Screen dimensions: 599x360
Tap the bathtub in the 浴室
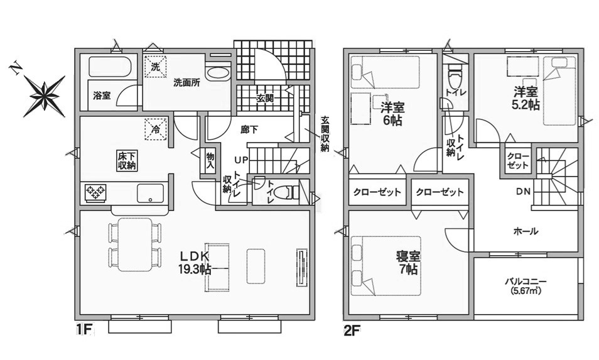tap(111, 67)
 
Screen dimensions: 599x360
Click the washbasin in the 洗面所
tap(218, 74)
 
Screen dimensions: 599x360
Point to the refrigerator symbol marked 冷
tap(156, 129)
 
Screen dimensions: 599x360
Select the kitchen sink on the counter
tap(150, 193)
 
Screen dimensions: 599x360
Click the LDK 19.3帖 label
tap(195, 263)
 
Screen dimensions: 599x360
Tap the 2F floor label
tap(352, 330)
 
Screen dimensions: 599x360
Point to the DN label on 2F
tap(524, 192)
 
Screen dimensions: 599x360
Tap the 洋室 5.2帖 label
tap(526, 98)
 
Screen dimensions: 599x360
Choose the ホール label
tap(526, 231)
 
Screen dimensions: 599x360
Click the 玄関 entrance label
tap(264, 98)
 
